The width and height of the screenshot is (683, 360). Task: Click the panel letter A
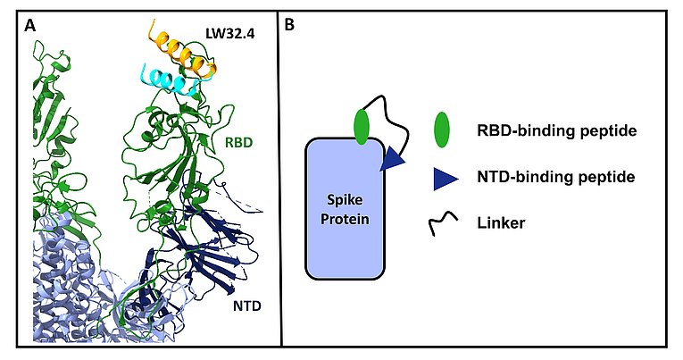(30, 26)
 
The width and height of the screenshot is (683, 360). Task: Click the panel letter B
(290, 26)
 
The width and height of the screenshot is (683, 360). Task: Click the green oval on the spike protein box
(361, 127)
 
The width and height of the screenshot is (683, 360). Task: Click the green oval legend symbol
(440, 131)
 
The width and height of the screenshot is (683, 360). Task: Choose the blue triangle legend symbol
(441, 178)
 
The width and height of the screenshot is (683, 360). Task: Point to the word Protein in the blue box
(346, 218)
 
